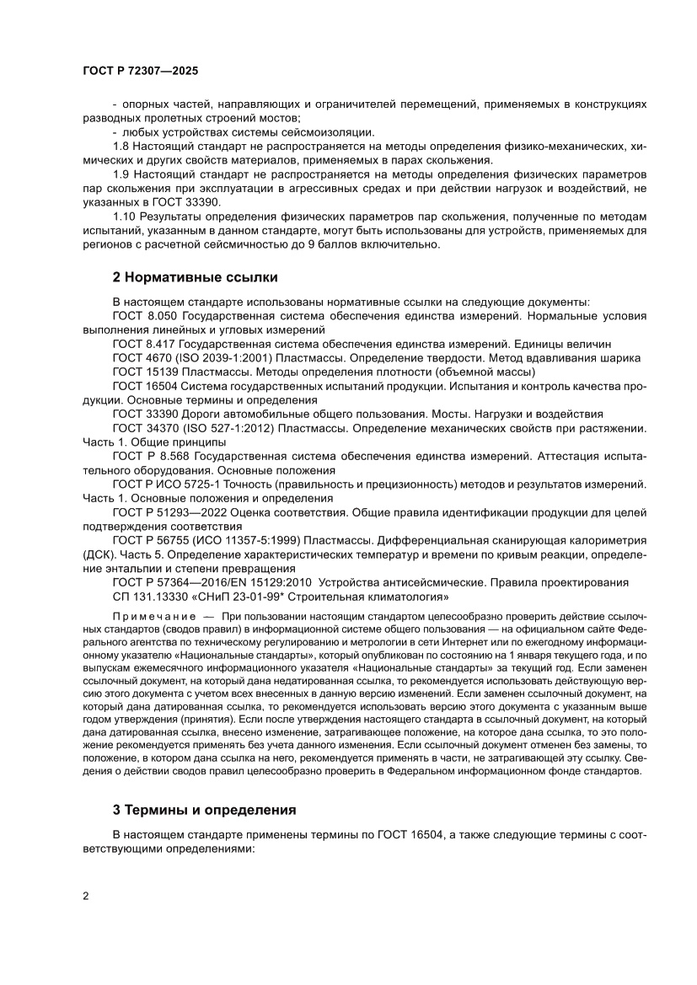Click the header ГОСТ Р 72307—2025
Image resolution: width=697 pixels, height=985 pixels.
pyautogui.click(x=140, y=72)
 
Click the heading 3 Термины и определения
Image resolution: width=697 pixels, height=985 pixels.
pyautogui.click(x=204, y=810)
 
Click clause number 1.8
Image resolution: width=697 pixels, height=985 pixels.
pyautogui.click(x=121, y=147)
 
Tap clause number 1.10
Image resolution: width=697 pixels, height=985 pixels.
pyautogui.click(x=124, y=231)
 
